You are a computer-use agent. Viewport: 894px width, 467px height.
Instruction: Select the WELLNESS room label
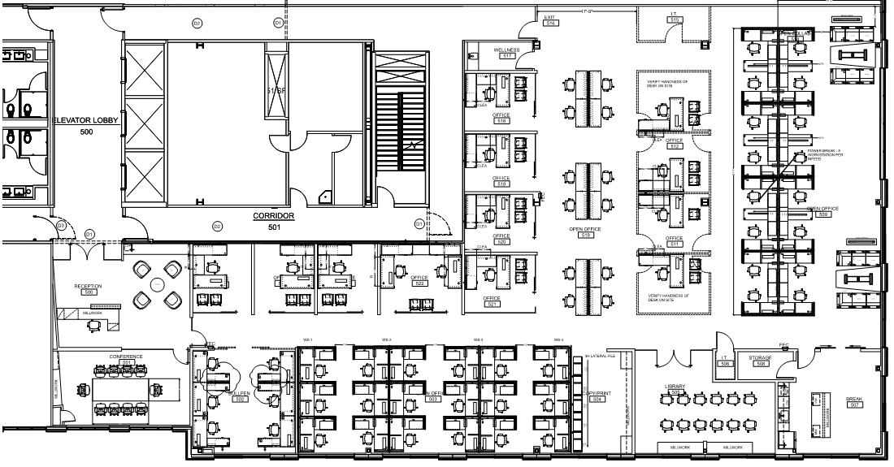coord(506,51)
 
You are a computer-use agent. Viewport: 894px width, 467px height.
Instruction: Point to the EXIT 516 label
coord(549,20)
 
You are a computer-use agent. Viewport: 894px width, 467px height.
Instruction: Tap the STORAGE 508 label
coord(760,361)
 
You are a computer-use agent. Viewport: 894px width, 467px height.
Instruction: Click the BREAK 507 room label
coord(854,402)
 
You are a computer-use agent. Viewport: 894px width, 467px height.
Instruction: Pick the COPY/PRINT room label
coord(596,396)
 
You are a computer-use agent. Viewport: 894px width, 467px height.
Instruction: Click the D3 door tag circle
coord(59,225)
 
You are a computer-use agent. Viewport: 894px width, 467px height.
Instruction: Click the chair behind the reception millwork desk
coord(95,324)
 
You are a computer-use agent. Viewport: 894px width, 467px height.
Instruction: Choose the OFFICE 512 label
coord(674,144)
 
